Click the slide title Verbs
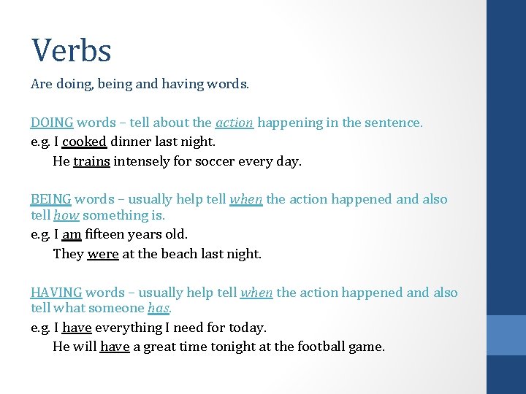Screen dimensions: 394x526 pyautogui.click(x=71, y=50)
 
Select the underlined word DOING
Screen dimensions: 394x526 pyautogui.click(x=52, y=123)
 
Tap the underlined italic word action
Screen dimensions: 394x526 pyautogui.click(x=235, y=123)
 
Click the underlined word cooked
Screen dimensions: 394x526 pyautogui.click(x=85, y=142)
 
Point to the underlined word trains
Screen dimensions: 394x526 pyautogui.click(x=91, y=161)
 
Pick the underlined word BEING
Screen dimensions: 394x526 pyautogui.click(x=50, y=199)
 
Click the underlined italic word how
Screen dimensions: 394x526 pyautogui.click(x=66, y=215)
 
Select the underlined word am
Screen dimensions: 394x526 pyautogui.click(x=72, y=234)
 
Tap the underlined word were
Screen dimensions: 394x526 pyautogui.click(x=102, y=254)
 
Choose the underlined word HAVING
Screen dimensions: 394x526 pyautogui.click(x=56, y=293)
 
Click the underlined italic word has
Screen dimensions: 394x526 pyautogui.click(x=159, y=309)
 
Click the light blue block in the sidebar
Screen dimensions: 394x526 pyautogui.click(x=506, y=335)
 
